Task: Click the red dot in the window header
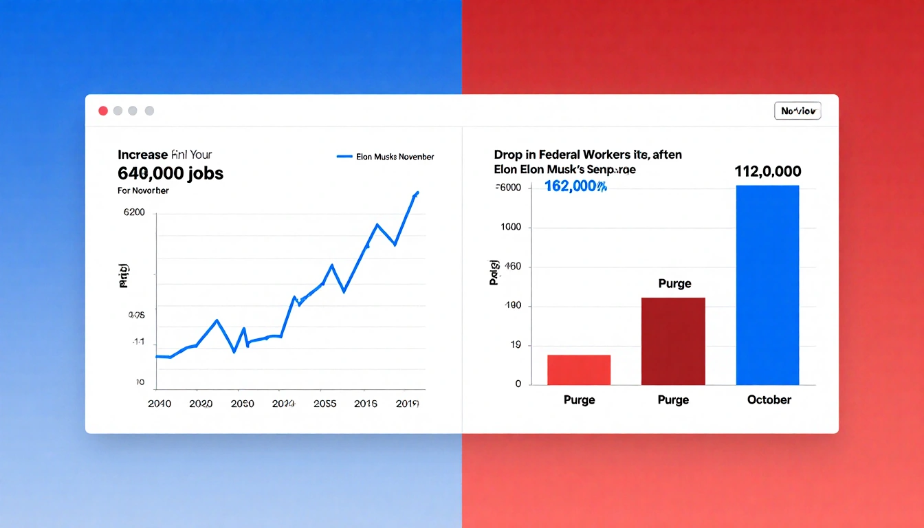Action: (103, 111)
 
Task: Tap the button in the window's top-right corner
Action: (797, 111)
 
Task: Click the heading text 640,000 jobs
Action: (170, 173)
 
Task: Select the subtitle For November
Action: (143, 190)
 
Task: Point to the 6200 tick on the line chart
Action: (134, 212)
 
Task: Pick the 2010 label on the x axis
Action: (159, 404)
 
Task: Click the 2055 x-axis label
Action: (324, 404)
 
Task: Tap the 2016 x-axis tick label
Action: (365, 404)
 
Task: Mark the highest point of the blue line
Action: (417, 192)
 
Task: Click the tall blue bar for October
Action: (767, 285)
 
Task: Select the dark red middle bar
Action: (673, 341)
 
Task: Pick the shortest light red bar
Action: (579, 370)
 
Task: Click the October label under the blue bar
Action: (769, 400)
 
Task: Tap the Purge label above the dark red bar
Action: (674, 284)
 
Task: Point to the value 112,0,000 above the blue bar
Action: (768, 172)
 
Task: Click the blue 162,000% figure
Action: (575, 186)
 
